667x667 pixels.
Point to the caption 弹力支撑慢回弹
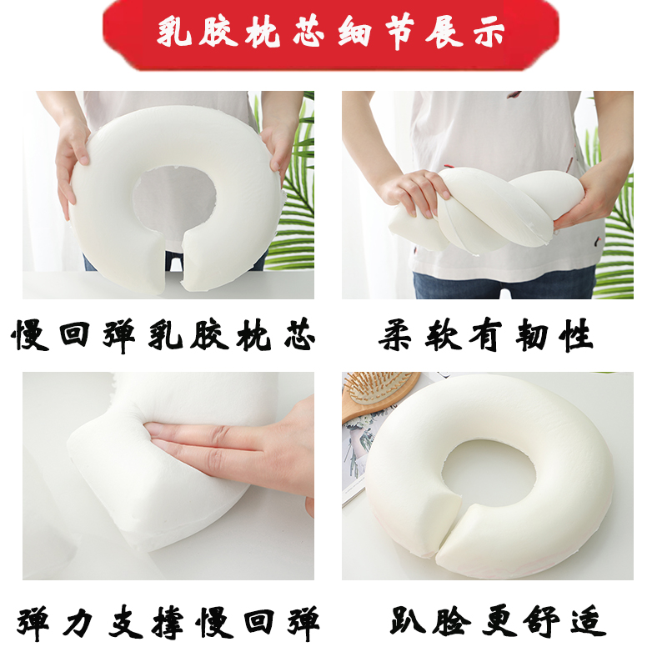[x=168, y=624]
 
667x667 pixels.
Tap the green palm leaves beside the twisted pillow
[x=617, y=225]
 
